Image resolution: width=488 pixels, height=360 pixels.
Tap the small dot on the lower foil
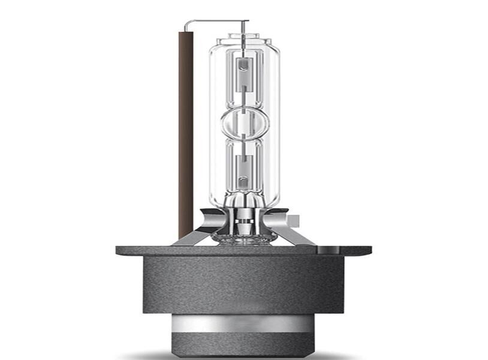pyautogui.click(x=243, y=178)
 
